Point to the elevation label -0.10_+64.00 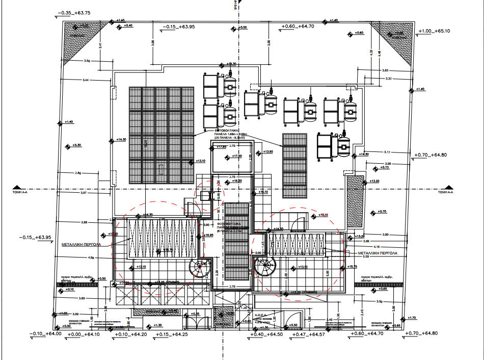click(x=46, y=334)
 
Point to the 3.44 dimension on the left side click(x=86, y=80)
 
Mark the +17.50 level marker click(x=236, y=156)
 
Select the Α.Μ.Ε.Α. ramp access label click(x=263, y=316)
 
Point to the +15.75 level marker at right click(x=353, y=267)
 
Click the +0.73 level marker click(x=385, y=167)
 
